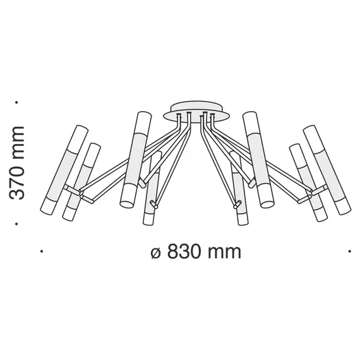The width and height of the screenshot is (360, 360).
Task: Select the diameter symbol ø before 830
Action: [x=157, y=252]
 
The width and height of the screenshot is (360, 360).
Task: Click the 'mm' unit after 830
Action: [x=225, y=252]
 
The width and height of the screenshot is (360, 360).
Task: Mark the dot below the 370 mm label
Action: [x=18, y=224]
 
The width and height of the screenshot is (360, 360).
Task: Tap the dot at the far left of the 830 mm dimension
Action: [x=41, y=251]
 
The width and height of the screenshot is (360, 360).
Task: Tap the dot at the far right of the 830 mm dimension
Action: [x=349, y=251]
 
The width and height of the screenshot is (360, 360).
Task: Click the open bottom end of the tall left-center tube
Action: [x=125, y=204]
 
